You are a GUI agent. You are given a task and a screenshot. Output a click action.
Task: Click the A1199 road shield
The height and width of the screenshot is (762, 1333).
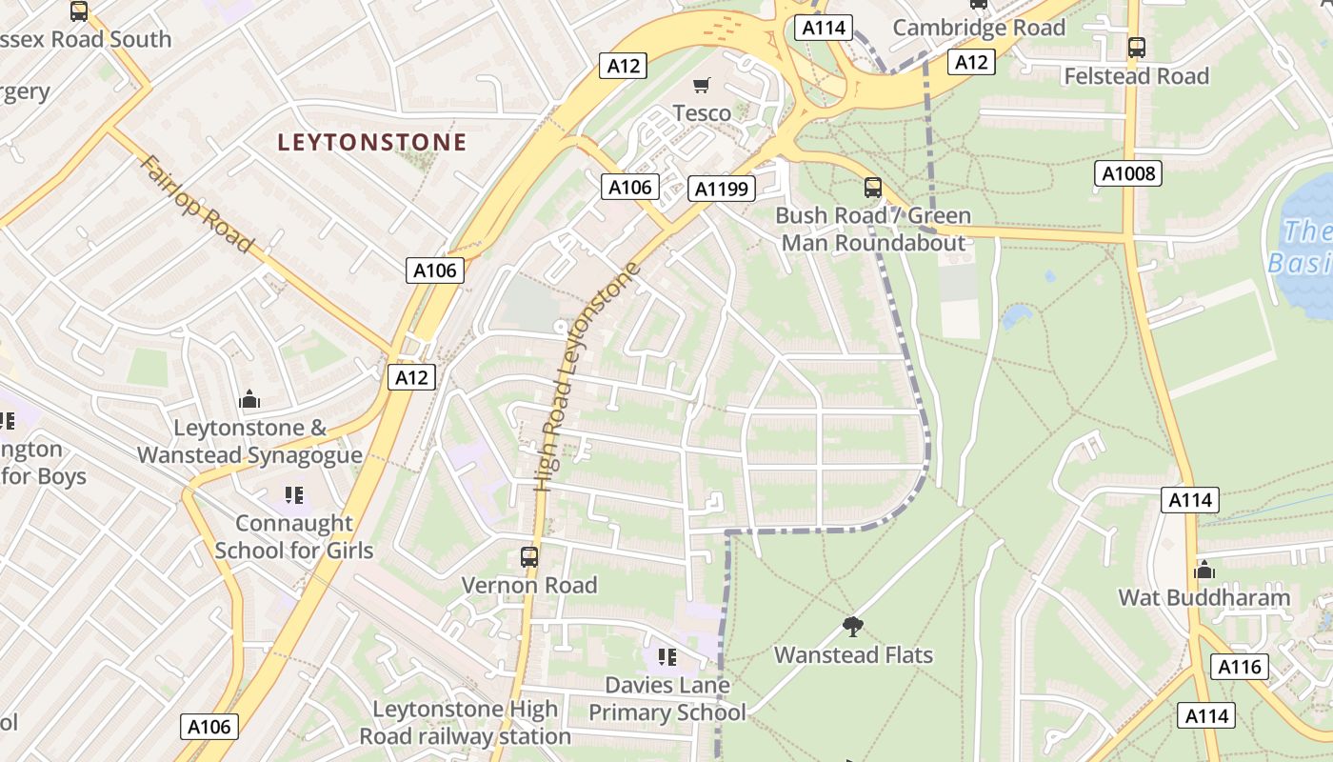click(722, 189)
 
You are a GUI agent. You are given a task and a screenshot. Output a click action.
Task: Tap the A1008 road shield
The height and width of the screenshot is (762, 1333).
click(1128, 173)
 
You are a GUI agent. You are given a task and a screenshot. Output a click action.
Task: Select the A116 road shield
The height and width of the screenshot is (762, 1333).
click(1240, 667)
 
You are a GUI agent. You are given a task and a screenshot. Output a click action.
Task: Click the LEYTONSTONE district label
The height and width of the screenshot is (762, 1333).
click(372, 143)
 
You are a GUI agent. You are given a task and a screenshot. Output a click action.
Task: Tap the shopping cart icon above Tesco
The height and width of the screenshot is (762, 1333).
click(702, 86)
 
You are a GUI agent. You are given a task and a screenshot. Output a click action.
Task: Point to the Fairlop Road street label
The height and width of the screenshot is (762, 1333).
click(197, 204)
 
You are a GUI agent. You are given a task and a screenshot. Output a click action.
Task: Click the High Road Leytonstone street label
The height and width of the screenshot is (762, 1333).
click(585, 376)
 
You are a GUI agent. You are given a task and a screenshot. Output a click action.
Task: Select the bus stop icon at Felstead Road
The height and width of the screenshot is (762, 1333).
click(1136, 47)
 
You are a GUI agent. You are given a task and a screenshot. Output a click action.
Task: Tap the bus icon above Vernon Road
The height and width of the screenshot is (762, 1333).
click(529, 557)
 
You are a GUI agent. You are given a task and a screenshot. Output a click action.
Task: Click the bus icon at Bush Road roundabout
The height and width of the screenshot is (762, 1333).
click(872, 187)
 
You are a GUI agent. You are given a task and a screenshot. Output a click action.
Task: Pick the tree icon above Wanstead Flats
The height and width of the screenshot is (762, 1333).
click(853, 626)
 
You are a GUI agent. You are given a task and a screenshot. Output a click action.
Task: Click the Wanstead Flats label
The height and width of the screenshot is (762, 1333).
click(853, 655)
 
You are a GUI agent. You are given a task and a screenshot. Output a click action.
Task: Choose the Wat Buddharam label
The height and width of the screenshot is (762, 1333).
click(1204, 598)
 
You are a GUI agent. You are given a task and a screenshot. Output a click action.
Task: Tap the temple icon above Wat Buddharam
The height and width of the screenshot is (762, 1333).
click(1204, 570)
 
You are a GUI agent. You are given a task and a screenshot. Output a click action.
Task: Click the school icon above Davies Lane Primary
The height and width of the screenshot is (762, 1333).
click(666, 656)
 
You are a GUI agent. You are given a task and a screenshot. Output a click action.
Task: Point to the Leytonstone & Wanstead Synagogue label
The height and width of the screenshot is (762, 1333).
click(249, 441)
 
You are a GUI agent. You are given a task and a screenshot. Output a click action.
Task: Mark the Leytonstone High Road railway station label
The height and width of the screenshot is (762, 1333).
click(466, 722)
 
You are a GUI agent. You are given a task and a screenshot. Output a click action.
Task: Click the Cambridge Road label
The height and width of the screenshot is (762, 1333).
click(979, 28)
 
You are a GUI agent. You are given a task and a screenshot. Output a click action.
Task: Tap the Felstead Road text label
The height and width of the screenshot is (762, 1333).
click(1136, 76)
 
